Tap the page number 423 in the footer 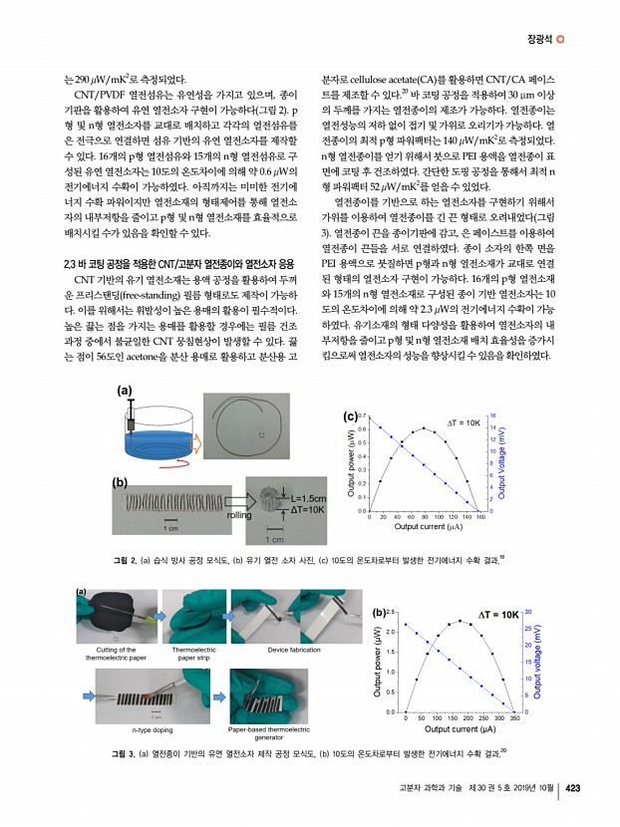[x=573, y=787]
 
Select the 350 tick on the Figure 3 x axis [x=542, y=716]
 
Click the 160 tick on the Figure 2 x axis [x=480, y=517]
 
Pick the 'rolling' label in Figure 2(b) [x=239, y=515]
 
